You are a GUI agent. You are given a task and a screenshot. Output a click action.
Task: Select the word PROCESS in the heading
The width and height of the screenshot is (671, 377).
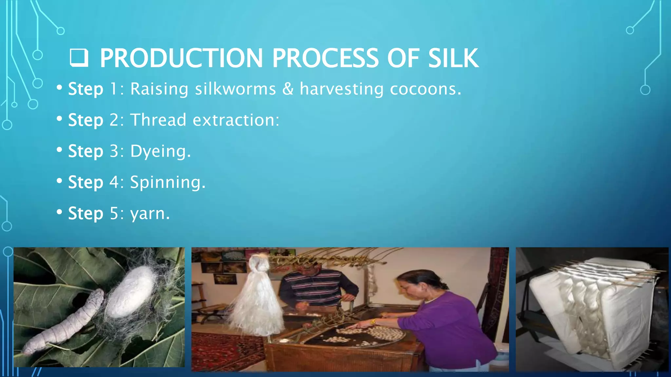click(x=325, y=58)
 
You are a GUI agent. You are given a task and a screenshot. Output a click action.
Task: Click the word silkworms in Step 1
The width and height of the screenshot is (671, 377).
click(x=235, y=89)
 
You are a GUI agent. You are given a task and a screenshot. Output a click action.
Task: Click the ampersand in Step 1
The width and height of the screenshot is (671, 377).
click(x=288, y=89)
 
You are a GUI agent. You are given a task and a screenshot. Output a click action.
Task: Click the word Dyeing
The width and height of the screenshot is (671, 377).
click(x=160, y=152)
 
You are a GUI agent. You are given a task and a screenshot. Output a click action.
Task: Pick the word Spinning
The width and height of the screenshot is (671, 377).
click(x=167, y=182)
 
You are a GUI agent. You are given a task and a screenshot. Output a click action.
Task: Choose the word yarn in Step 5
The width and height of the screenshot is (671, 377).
click(x=150, y=214)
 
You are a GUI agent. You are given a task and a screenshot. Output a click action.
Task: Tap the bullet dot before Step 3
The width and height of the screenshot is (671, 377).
click(x=59, y=150)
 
